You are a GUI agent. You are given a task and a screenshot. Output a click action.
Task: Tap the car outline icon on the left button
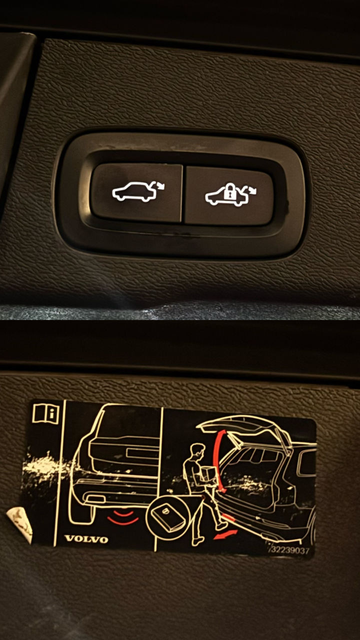point(134,191)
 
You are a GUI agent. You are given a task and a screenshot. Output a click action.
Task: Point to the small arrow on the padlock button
point(250,189)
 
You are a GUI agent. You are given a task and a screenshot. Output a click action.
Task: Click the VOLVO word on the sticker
point(86,539)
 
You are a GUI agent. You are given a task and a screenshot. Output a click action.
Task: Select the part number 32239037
point(290,550)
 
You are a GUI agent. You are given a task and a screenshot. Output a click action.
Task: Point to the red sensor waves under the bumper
point(123,517)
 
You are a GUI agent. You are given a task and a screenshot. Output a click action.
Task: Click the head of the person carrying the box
point(198,451)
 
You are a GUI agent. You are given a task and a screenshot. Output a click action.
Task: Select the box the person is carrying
point(208,474)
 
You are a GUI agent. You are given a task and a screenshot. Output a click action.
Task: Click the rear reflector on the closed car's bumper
point(95,499)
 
